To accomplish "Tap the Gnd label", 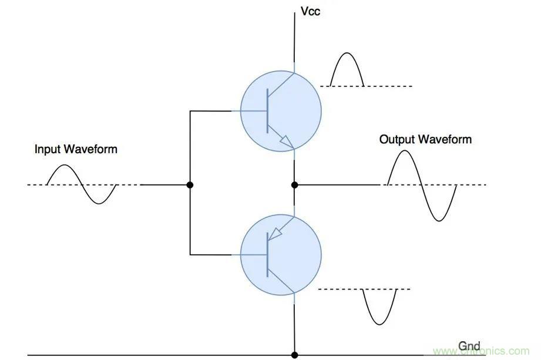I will point(469,346).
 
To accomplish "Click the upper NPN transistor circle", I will point(281,111).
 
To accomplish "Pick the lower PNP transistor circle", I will point(281,254).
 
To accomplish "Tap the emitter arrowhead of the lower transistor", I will point(274,234).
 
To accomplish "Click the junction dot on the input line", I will point(190,185).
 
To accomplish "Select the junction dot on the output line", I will point(294,185).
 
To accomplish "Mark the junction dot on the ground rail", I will point(294,355).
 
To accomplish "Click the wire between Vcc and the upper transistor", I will point(294,41).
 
